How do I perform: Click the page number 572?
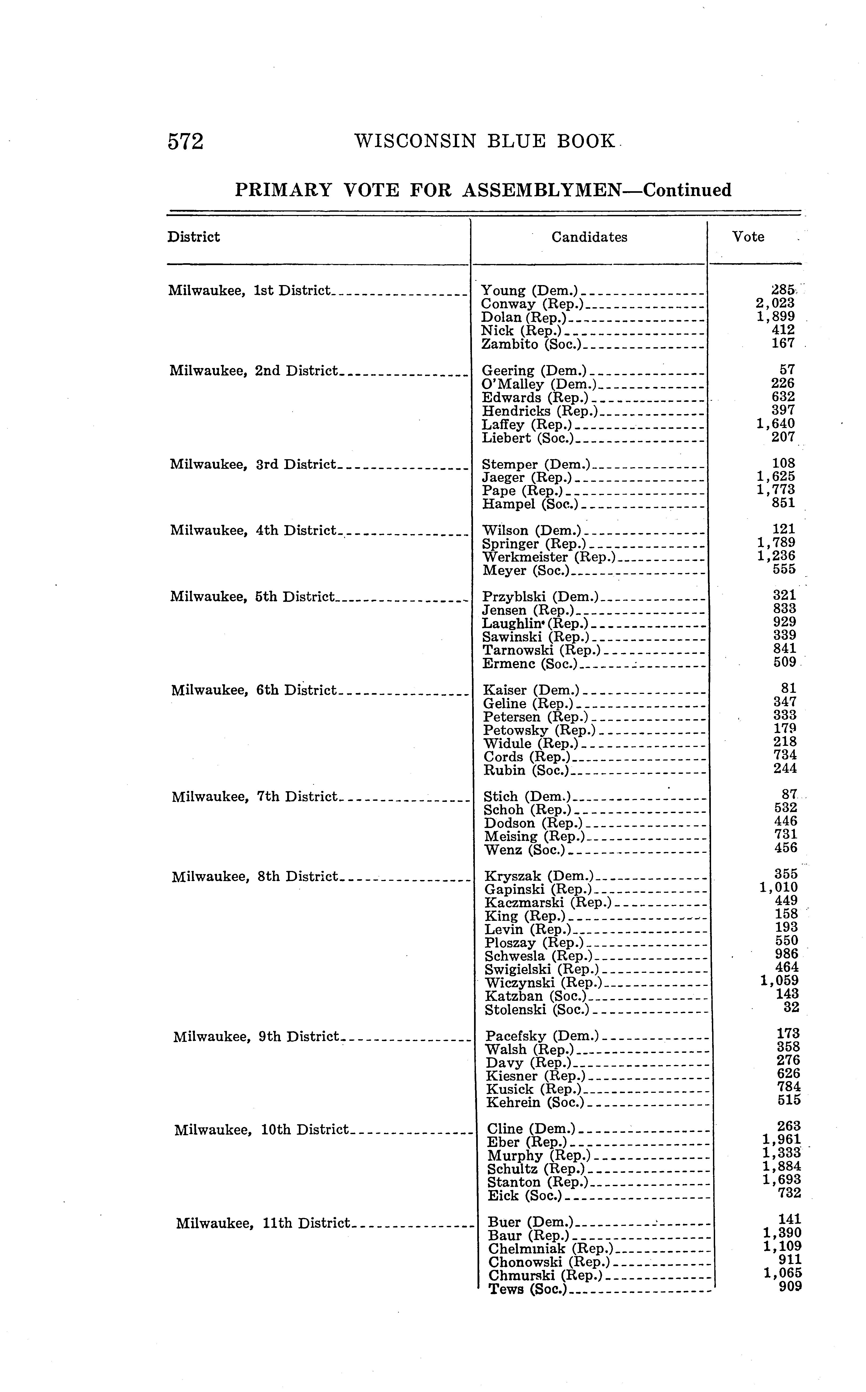tap(186, 142)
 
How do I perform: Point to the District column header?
tap(194, 237)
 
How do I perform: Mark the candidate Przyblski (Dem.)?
tap(540, 598)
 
